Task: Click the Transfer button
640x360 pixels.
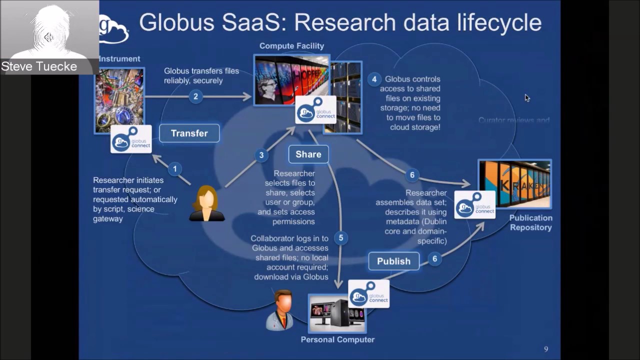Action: [x=189, y=133]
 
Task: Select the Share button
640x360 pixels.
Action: [x=308, y=154]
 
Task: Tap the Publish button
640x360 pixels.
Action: [x=393, y=261]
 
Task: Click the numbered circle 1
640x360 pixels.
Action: [x=174, y=169]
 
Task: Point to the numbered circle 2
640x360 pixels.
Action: [x=195, y=96]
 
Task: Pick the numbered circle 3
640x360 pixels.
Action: [x=261, y=155]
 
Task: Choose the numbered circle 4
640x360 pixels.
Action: [x=374, y=79]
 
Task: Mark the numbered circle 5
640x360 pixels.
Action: [x=341, y=238]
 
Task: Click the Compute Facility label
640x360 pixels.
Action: [x=291, y=46]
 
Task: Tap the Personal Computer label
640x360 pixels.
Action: [x=337, y=339]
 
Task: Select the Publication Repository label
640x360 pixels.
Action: [x=530, y=222]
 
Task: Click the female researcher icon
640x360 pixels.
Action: [x=206, y=203]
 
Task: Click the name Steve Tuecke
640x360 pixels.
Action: [x=39, y=66]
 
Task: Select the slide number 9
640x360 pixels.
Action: [x=546, y=349]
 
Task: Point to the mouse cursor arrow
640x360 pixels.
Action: [x=526, y=97]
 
